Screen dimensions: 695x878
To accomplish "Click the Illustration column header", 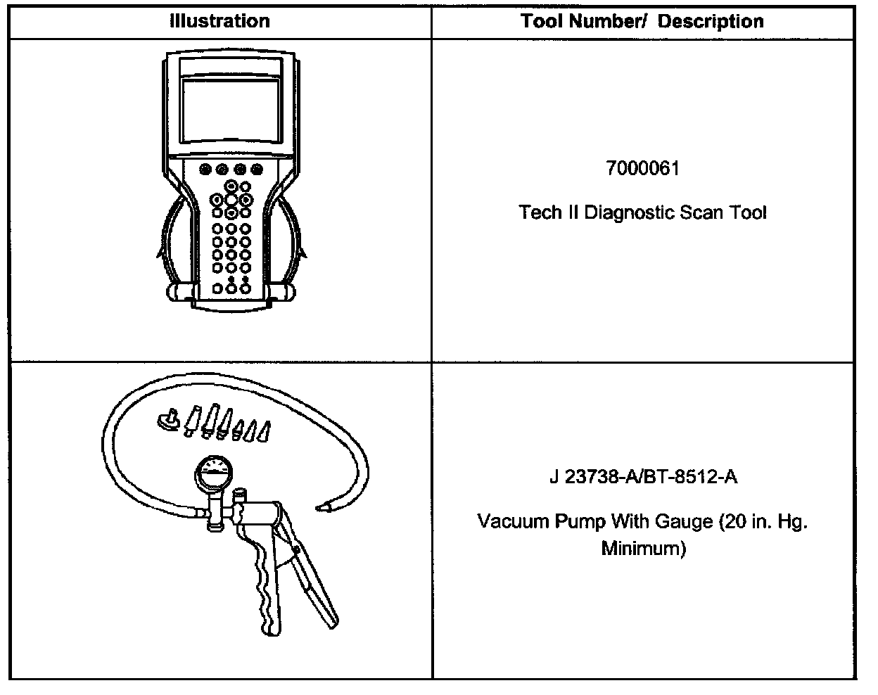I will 220,21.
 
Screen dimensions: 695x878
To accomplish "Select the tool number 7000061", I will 642,169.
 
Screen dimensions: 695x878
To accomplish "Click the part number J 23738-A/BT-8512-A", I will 642,478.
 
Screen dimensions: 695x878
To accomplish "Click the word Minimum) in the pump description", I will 643,548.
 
